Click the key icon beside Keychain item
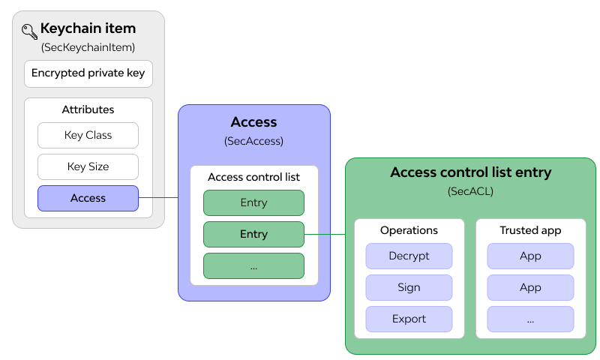29,31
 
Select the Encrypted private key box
88,73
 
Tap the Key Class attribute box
88,135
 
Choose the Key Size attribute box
88,166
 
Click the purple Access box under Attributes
88,198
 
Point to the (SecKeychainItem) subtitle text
88,47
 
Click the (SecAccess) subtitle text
253,141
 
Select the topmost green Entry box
253,202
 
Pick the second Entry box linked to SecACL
253,234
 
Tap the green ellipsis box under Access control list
253,265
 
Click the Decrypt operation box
409,256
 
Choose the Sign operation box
409,287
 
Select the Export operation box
409,319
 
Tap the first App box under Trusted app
530,256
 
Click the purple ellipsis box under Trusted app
530,319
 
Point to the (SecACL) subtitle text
470,191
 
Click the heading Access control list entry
470,172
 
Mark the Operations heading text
409,230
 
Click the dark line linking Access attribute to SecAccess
158,198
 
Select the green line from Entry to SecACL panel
324,234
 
